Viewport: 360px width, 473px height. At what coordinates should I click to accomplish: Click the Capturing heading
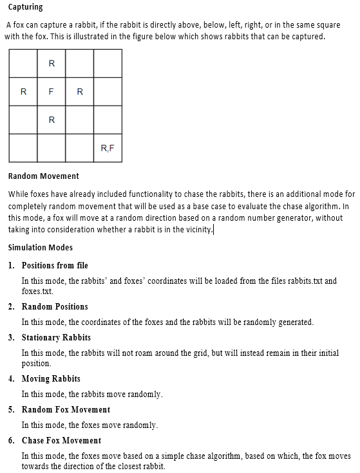point(26,7)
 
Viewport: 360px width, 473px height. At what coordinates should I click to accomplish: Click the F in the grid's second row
point(52,91)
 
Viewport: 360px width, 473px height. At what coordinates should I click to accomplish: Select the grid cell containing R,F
point(108,148)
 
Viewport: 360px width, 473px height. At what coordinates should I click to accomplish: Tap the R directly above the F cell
point(52,63)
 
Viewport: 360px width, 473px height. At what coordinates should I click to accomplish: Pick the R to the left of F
point(24,91)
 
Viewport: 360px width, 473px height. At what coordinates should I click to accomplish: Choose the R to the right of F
point(80,91)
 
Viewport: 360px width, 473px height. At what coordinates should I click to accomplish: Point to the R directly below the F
point(52,120)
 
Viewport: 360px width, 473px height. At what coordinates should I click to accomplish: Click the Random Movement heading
point(44,176)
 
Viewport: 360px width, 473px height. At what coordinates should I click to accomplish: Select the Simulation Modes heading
point(41,247)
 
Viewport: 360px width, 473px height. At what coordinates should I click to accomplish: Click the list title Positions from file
point(55,265)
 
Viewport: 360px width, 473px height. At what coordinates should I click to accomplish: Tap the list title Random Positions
point(55,306)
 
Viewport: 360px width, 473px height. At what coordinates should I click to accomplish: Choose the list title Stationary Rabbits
point(56,337)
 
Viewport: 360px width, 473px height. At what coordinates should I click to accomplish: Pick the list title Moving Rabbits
point(51,378)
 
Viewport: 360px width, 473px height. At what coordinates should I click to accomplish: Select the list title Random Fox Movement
point(66,409)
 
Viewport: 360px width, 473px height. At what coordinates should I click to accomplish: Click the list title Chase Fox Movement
point(61,440)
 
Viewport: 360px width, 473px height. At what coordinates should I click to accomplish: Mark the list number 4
point(12,378)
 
